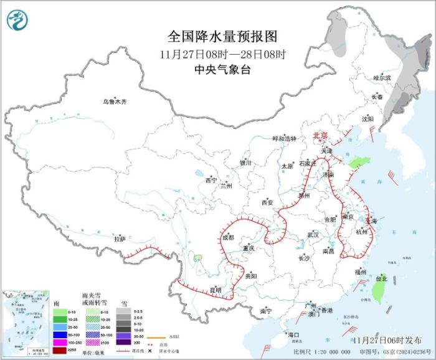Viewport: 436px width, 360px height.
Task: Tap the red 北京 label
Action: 320,135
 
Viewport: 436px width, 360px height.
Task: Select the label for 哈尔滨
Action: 382,78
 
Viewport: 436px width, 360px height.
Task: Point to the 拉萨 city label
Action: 120,239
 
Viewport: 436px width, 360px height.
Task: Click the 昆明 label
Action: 214,290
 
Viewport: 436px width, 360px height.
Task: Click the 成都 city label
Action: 227,237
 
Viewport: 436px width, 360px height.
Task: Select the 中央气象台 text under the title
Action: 222,70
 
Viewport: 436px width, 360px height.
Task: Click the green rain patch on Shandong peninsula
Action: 357,162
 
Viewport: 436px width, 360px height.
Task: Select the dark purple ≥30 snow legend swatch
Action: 125,342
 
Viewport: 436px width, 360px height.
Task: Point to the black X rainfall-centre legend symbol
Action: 150,350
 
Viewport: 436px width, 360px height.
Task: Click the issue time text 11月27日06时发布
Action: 386,340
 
